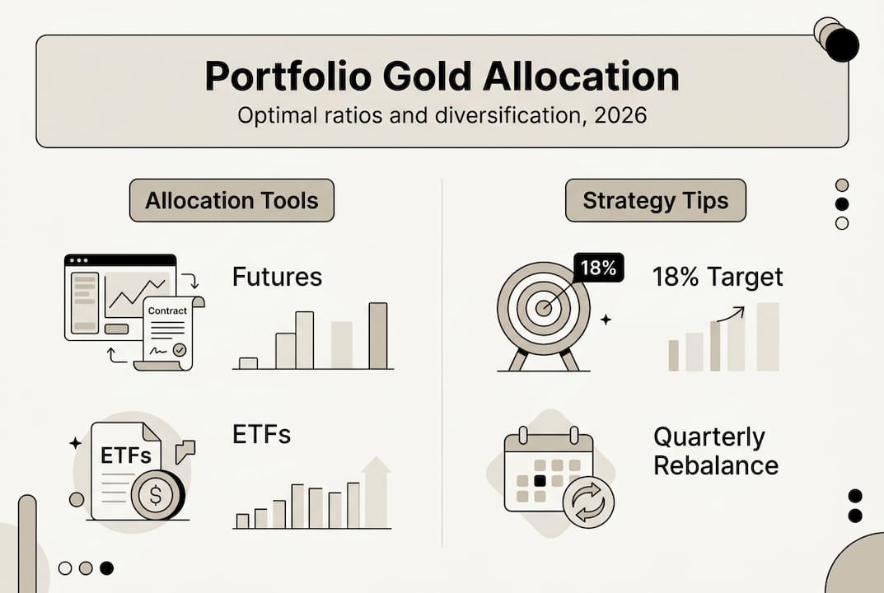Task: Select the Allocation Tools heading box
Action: click(x=232, y=201)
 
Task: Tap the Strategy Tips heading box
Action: click(x=655, y=201)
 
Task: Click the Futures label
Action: click(x=277, y=277)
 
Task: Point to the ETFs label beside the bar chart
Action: click(x=261, y=434)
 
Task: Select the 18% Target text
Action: click(x=717, y=277)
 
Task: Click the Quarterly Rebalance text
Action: click(x=715, y=451)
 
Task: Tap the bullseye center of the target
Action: click(x=544, y=309)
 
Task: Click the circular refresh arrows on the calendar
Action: click(x=588, y=502)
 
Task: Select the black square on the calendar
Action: click(x=540, y=480)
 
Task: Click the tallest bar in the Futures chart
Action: click(x=377, y=335)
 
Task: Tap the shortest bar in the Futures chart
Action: click(x=248, y=362)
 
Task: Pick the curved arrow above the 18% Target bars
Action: click(x=731, y=314)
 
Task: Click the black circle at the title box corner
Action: click(x=841, y=44)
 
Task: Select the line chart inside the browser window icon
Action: click(x=136, y=293)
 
